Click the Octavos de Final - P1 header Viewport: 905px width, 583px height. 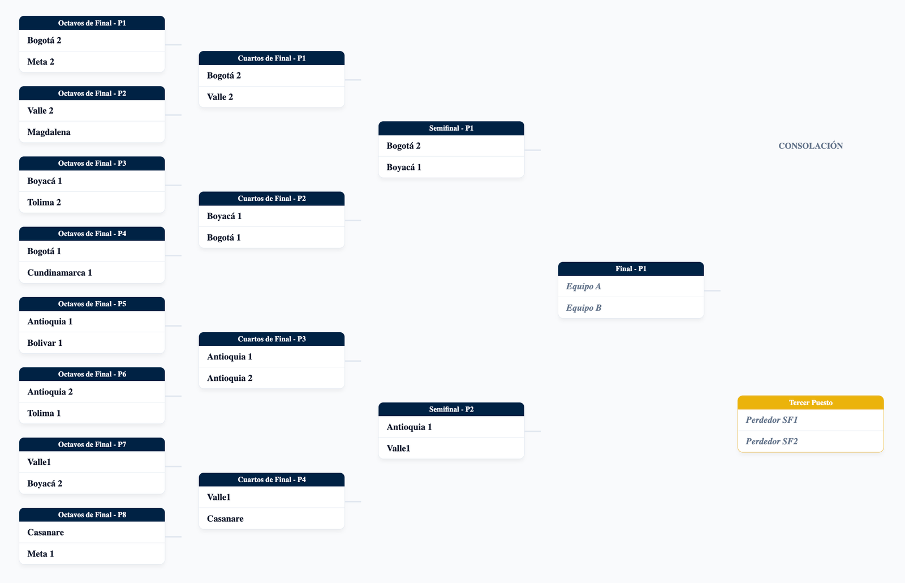[92, 23]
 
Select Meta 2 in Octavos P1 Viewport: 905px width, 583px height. [41, 62]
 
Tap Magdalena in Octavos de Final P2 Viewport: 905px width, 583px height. [49, 132]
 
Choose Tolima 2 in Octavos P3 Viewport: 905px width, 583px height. [44, 202]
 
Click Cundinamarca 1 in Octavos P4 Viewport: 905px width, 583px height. [60, 272]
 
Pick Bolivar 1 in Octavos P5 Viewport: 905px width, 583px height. [45, 343]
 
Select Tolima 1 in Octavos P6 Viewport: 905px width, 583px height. [44, 413]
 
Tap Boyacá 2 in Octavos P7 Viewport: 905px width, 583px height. [45, 483]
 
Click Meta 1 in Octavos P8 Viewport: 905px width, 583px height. [40, 554]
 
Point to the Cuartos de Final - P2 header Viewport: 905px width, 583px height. [271, 199]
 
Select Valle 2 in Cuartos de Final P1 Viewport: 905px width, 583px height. [220, 97]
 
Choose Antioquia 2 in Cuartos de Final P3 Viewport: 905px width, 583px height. [230, 378]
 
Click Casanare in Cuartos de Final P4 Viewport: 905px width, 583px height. [225, 518]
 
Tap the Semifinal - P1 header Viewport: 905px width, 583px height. [451, 128]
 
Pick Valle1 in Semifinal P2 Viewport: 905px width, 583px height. [398, 448]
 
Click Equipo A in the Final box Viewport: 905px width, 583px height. [583, 286]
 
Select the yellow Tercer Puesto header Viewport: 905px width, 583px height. [811, 402]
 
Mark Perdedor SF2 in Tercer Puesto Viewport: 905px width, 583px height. [772, 441]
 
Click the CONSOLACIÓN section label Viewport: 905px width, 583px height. [811, 146]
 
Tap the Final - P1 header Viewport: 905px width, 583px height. [631, 269]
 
